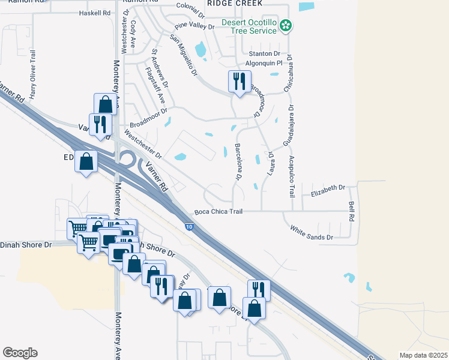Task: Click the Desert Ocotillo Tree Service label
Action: [247, 27]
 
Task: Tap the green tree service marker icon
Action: [286, 25]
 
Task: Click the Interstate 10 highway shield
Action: [189, 226]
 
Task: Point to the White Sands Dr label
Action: [311, 233]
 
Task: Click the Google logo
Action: [20, 353]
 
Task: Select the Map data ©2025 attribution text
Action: [423, 355]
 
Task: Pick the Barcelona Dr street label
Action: [238, 162]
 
